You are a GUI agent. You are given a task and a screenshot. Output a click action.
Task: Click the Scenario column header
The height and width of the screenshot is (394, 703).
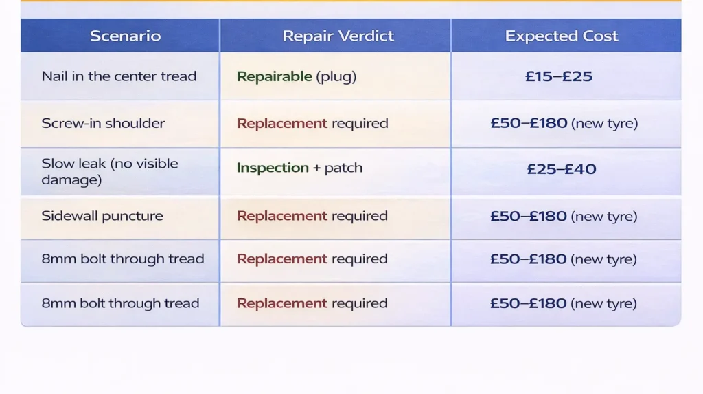click(125, 36)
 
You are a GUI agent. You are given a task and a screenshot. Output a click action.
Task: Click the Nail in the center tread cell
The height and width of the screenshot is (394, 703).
click(119, 76)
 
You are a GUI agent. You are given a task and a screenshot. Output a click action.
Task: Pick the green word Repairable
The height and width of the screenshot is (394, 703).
click(274, 76)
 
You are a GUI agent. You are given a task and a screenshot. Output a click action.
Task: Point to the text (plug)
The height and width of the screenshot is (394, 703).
click(336, 76)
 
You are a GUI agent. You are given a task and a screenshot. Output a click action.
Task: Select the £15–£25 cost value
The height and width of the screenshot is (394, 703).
click(559, 76)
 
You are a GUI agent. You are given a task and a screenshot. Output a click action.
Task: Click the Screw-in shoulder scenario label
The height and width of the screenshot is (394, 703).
click(103, 124)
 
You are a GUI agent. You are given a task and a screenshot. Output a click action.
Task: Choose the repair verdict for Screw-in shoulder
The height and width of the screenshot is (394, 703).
click(312, 124)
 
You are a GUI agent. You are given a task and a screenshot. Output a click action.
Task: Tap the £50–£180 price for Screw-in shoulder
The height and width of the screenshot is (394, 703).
click(529, 124)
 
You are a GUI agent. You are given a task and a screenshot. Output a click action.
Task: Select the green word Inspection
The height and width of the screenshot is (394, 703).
click(273, 168)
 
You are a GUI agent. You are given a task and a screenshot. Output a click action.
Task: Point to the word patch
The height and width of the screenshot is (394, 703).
click(343, 168)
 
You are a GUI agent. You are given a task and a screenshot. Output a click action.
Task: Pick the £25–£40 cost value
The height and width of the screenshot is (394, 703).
click(561, 168)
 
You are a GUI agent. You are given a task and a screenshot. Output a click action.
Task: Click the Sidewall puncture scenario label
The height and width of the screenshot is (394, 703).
click(102, 216)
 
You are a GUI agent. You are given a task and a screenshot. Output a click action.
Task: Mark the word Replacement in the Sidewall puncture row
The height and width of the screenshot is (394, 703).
click(281, 216)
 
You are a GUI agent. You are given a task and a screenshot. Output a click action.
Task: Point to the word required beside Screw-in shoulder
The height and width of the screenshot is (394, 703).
click(360, 124)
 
